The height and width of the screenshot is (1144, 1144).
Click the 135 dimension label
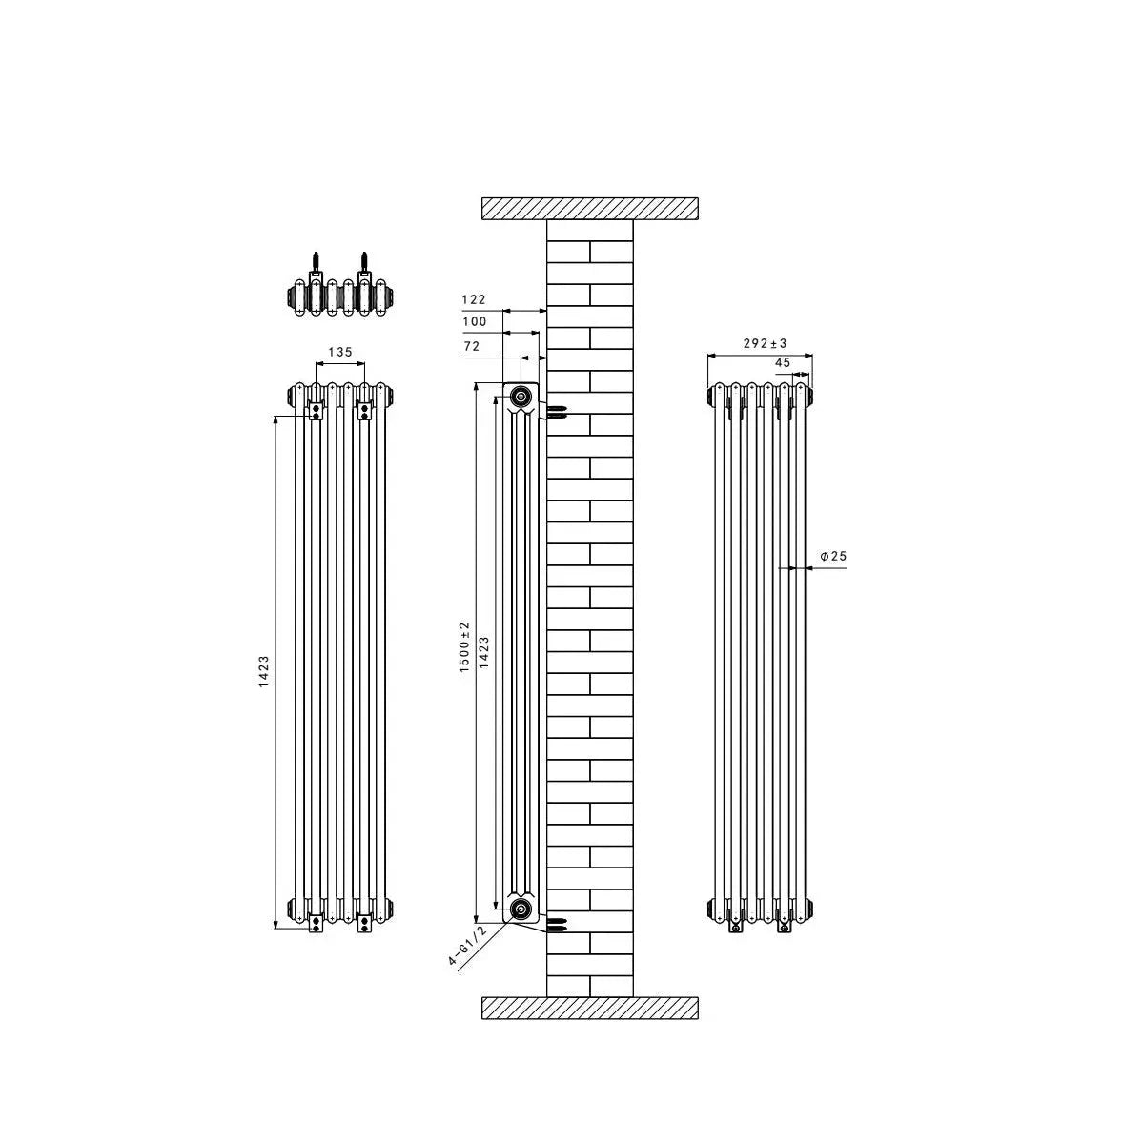(340, 352)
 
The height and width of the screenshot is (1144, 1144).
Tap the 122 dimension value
(474, 299)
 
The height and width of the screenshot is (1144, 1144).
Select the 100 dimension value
(475, 322)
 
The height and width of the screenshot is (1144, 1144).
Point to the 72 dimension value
(471, 346)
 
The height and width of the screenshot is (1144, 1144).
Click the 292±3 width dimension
(765, 343)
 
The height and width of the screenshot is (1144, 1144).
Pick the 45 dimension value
(783, 362)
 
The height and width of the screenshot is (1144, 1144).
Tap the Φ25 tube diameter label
(833, 556)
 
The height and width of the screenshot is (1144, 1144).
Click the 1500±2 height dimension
(464, 647)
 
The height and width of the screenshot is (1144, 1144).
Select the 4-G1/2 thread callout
(467, 947)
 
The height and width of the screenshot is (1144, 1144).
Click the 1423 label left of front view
(263, 671)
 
